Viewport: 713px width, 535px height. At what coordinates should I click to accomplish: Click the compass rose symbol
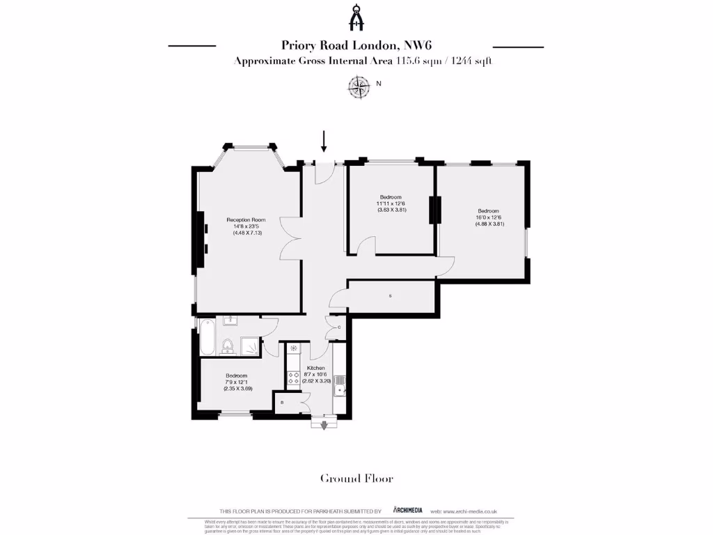359,86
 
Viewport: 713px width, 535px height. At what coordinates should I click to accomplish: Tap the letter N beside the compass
379,84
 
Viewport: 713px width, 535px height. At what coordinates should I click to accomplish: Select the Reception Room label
246,220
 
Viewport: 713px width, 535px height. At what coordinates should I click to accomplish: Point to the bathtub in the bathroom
207,336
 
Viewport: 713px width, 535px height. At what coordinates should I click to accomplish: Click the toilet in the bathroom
227,346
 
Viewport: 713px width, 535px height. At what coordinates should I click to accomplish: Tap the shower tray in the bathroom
250,344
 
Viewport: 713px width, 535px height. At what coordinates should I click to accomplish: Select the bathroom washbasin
230,320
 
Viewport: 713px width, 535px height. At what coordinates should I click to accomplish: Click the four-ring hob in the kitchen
294,378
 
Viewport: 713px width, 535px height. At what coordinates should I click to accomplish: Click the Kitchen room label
315,368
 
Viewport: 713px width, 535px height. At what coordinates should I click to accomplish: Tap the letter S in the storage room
390,296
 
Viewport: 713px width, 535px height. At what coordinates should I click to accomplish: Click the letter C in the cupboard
338,327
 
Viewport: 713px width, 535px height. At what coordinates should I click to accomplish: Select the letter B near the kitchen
282,403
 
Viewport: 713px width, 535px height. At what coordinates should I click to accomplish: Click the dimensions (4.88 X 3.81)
489,224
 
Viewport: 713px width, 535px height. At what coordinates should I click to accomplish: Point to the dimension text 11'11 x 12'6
391,203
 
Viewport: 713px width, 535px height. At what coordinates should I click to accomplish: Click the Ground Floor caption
356,479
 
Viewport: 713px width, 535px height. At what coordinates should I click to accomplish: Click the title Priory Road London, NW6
356,46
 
